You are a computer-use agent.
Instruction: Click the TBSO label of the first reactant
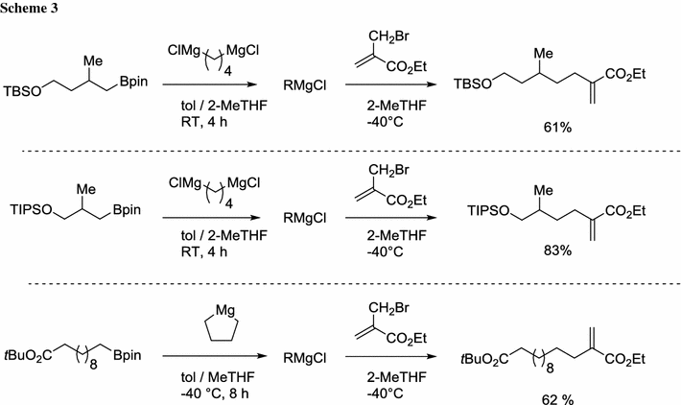coord(27,97)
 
